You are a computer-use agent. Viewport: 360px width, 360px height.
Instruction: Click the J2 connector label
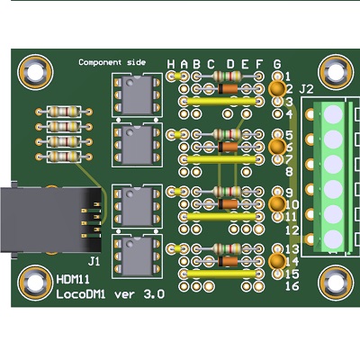point(306,89)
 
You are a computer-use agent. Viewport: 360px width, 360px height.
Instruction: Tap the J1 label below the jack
point(94,262)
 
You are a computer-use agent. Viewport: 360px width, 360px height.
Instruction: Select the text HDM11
point(73,280)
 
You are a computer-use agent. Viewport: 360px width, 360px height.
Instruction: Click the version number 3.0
point(154,294)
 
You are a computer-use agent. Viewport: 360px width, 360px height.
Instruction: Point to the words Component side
point(112,62)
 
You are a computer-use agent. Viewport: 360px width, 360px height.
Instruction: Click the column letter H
point(171,64)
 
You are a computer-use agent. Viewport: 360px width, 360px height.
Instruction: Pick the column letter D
point(230,64)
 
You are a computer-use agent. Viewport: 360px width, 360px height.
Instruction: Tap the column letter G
point(277,64)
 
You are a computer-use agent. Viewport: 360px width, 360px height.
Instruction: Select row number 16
point(292,286)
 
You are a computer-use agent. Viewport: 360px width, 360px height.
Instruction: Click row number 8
point(289,172)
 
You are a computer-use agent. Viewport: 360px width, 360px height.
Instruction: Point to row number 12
point(292,230)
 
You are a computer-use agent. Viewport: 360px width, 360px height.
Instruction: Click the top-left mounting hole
point(35,72)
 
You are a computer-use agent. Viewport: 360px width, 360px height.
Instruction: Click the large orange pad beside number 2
point(277,89)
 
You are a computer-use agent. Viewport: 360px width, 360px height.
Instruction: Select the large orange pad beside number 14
point(277,261)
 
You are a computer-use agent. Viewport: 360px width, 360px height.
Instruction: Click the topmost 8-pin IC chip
point(137,94)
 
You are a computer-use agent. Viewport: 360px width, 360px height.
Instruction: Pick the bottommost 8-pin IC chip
point(137,256)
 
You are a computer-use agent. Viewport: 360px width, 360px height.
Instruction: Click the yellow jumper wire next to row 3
point(221,102)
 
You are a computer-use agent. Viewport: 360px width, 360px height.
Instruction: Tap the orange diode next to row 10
point(229,204)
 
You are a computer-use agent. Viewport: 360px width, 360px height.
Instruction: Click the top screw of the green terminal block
point(333,114)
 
